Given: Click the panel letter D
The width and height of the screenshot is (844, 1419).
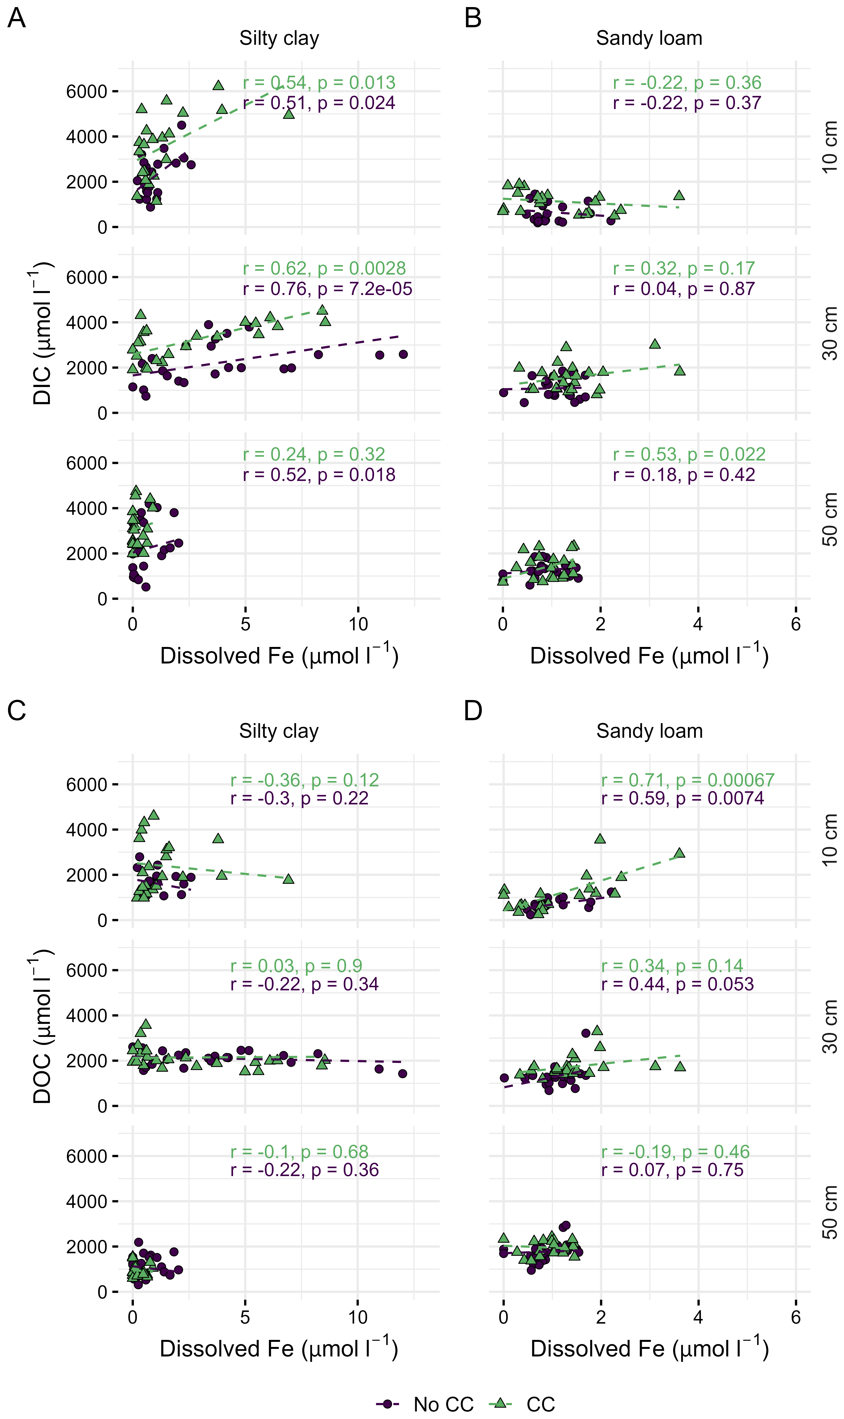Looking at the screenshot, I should point(473,711).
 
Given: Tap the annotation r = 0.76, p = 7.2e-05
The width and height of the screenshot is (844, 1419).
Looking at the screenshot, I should point(327,289).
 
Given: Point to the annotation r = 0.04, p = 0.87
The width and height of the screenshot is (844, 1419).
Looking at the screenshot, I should point(684,289).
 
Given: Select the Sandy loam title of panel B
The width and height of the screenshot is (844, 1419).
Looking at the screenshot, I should point(649,38).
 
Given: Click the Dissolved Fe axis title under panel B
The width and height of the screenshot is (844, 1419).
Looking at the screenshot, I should point(649,656).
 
